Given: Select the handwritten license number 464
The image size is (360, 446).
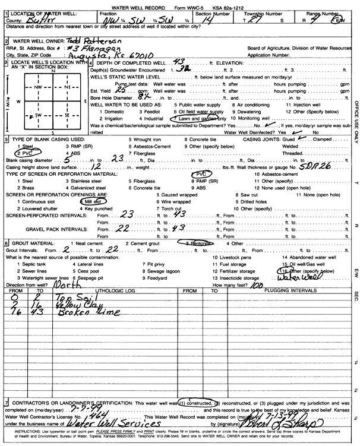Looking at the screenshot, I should pos(87,416).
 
